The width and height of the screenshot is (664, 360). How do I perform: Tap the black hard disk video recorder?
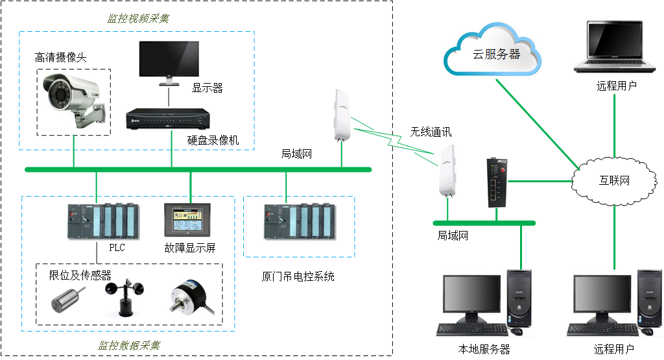[168, 119]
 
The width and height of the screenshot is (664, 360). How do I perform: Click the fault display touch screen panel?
[187, 221]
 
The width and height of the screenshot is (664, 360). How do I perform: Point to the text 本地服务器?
[484, 349]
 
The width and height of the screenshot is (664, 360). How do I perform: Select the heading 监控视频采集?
[138, 18]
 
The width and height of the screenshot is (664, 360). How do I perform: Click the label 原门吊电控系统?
[298, 276]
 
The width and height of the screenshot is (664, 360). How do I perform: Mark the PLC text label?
[117, 248]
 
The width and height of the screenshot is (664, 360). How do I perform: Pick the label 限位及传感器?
[80, 275]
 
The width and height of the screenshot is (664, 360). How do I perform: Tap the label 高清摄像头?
[60, 58]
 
